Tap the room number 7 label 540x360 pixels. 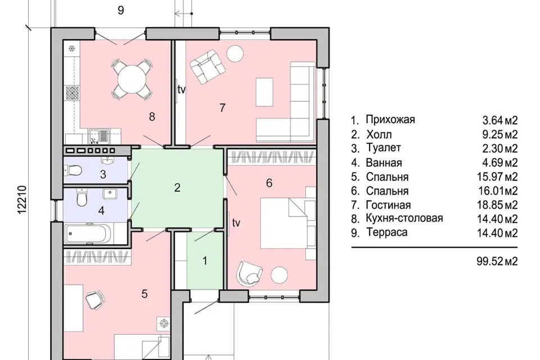pyautogui.click(x=222, y=107)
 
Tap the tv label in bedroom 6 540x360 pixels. pyautogui.click(x=236, y=223)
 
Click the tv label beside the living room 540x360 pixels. pyautogui.click(x=181, y=89)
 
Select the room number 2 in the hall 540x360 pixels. pyautogui.click(x=177, y=188)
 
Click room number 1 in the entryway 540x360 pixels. pyautogui.click(x=205, y=261)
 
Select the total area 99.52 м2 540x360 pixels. pyautogui.click(x=494, y=261)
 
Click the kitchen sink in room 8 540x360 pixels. pyautogui.click(x=100, y=136)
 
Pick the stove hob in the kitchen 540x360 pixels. pyautogui.click(x=73, y=92)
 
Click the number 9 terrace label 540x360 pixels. pyautogui.click(x=120, y=10)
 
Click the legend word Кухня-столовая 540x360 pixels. pyautogui.click(x=404, y=218)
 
